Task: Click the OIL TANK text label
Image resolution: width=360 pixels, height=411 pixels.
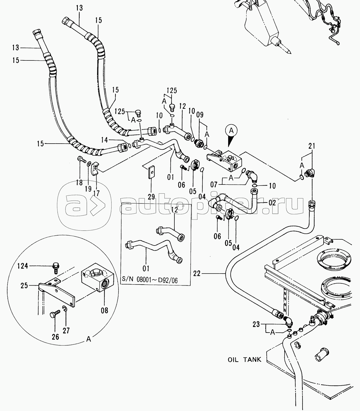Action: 244,359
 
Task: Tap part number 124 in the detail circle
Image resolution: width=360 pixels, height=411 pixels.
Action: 22,266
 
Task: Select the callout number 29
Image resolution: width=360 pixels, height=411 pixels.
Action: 151,197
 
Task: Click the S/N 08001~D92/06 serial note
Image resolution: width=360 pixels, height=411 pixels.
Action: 150,280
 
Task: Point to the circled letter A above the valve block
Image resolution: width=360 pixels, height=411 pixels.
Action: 231,131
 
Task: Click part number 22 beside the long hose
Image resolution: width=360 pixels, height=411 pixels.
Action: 197,273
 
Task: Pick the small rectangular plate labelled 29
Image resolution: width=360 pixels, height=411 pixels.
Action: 151,172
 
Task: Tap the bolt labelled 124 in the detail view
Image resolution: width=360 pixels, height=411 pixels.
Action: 55,268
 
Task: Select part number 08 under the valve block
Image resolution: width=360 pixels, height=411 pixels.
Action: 105,310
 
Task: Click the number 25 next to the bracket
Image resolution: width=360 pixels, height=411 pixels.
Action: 24,285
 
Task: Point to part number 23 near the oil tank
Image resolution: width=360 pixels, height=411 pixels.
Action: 256,324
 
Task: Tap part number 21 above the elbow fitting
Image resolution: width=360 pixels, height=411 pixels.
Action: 312,146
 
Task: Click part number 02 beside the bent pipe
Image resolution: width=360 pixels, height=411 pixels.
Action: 272,203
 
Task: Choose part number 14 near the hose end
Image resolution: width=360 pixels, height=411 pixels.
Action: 105,140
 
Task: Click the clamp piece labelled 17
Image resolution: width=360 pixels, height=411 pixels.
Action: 96,168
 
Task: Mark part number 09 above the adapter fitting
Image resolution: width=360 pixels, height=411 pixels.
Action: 200,115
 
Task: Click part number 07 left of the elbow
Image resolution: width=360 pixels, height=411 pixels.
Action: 214,184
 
